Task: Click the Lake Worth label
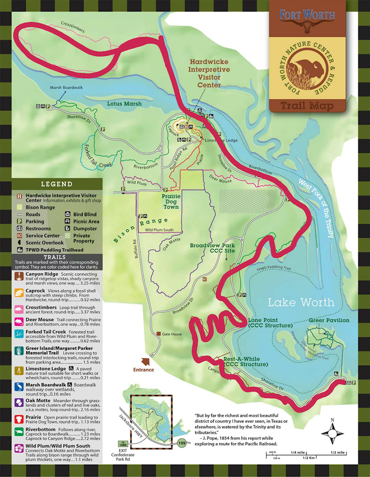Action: [x=301, y=303]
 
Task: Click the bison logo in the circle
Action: [x=307, y=69]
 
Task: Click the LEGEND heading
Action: [x=57, y=184]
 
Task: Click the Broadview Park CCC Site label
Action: [x=212, y=248]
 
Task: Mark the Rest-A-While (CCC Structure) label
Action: [x=246, y=361]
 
